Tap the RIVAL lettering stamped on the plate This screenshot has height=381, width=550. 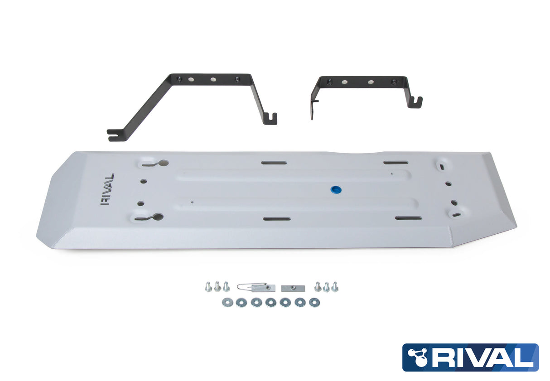click(107, 189)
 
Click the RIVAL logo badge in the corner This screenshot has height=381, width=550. click(470, 357)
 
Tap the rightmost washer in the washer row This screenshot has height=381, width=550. click(313, 302)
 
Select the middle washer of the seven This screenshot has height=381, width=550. click(271, 302)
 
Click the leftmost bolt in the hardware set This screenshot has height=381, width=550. click(208, 287)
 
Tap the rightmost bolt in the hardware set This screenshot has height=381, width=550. click(335, 287)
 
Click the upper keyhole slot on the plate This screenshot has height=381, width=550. click(154, 163)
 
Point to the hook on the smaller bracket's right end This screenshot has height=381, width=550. click(416, 103)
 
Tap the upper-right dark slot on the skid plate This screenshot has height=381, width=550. click(396, 162)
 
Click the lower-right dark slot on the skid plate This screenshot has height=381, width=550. click(408, 218)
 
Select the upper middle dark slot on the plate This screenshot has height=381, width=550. click(274, 162)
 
